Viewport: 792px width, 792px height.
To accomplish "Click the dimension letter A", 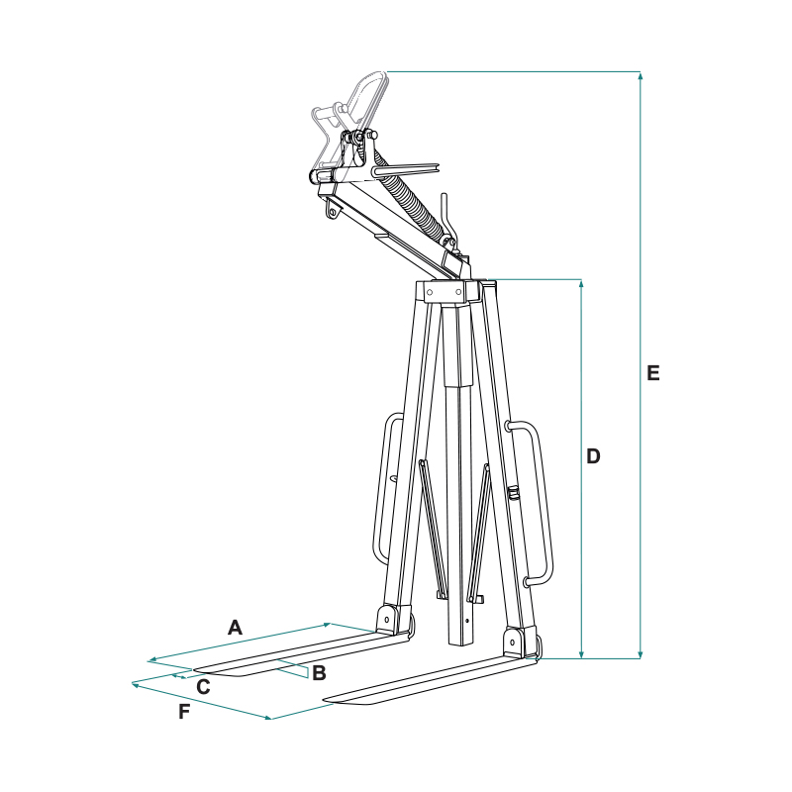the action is point(235,628).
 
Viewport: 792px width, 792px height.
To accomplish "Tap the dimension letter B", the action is point(319,673).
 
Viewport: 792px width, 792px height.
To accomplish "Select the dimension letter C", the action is point(203,687).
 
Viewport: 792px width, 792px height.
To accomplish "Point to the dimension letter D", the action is point(593,456).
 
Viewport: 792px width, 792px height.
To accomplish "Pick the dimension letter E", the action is point(653,373).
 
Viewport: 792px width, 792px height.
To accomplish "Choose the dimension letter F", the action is point(184,712).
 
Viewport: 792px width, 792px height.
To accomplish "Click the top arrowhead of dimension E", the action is point(640,76).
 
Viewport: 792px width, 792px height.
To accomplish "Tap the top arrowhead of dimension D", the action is point(581,284).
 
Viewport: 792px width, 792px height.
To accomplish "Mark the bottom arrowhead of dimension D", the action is point(581,654).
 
